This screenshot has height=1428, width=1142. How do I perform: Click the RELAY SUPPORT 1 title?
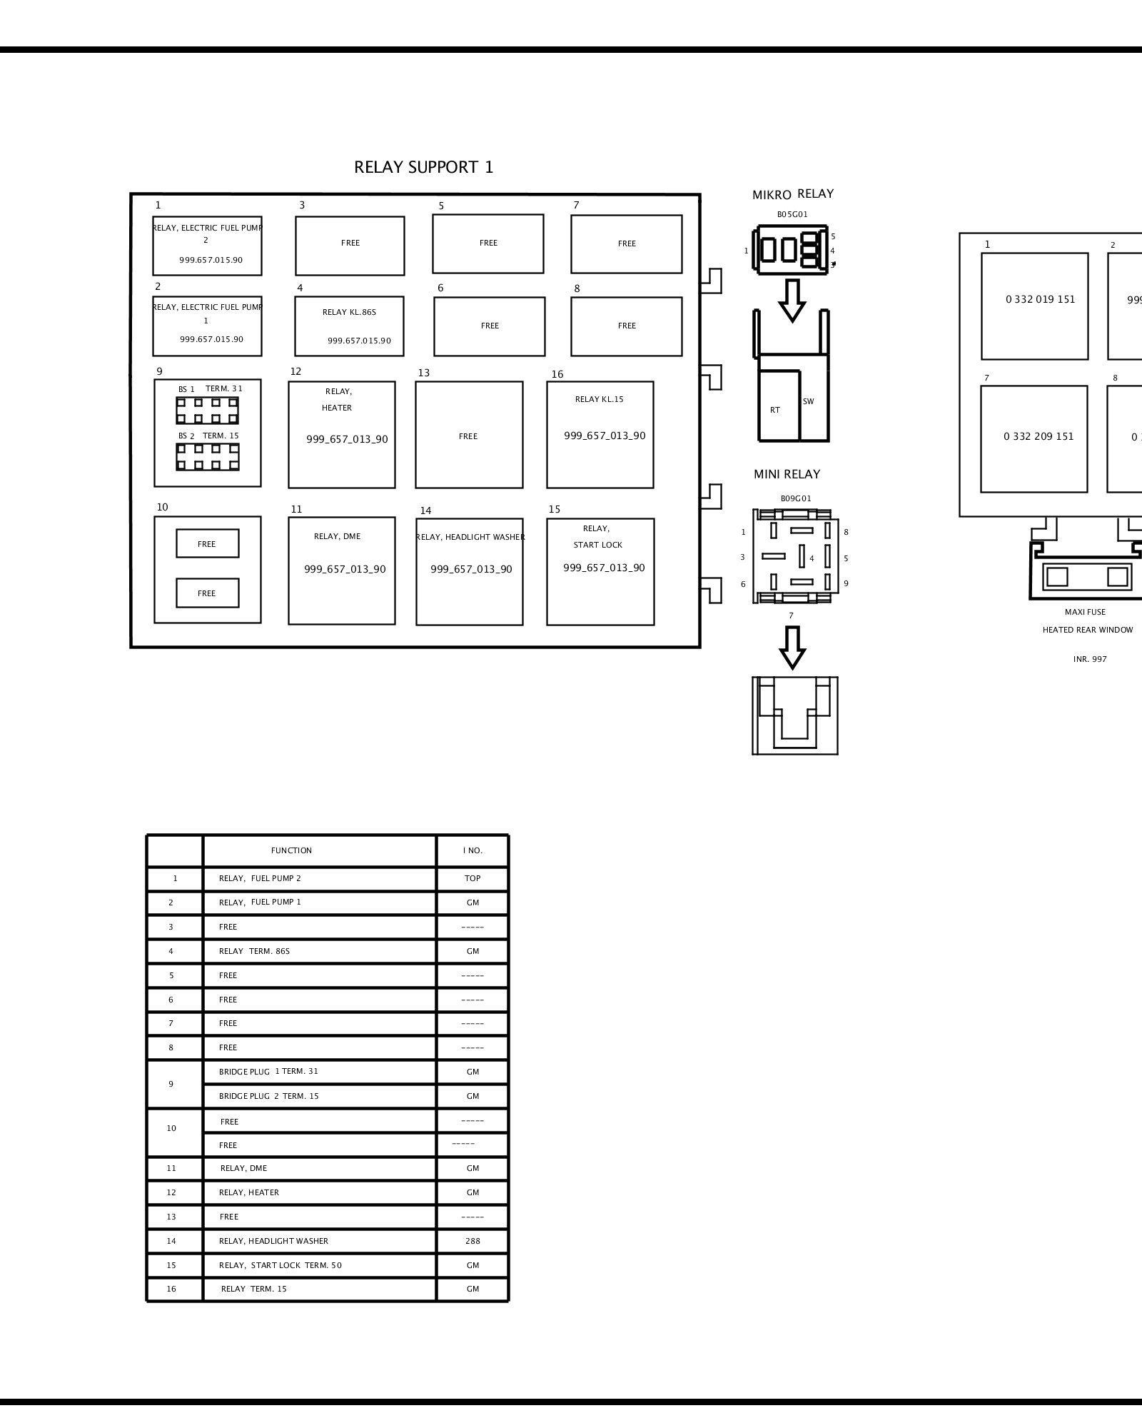click(423, 167)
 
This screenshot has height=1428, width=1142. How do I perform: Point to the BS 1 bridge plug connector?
click(208, 411)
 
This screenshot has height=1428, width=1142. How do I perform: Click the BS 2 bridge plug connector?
click(208, 457)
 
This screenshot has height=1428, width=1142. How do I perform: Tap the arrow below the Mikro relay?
click(792, 301)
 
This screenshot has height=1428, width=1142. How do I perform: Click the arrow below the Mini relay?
click(792, 648)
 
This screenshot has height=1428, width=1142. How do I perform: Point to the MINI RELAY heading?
click(787, 474)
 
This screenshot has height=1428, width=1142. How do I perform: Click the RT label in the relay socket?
click(775, 410)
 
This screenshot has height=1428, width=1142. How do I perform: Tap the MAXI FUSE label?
click(1085, 612)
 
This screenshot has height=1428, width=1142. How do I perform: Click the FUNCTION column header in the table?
click(291, 850)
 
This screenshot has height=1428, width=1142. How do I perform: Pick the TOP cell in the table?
click(473, 878)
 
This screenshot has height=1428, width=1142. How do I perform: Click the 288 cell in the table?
click(473, 1241)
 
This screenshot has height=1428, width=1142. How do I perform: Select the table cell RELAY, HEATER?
click(319, 1192)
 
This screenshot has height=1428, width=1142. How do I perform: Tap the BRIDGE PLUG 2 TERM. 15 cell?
click(319, 1096)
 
